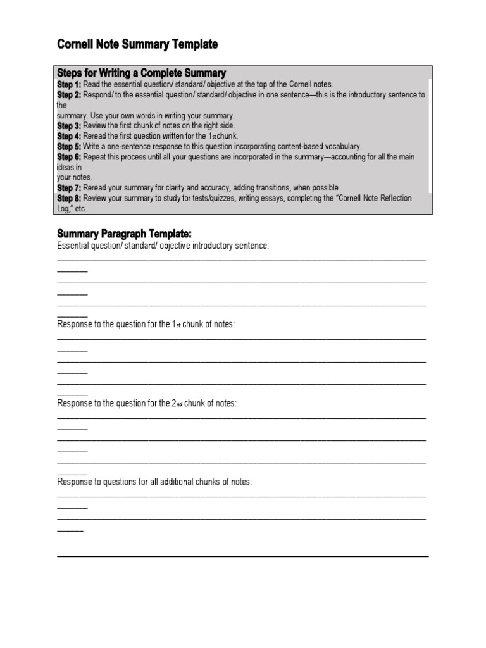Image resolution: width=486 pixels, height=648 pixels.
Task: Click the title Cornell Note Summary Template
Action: [x=137, y=44]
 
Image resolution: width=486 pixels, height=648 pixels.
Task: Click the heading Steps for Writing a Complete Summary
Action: [x=141, y=73]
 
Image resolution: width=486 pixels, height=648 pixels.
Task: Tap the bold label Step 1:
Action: [x=69, y=84]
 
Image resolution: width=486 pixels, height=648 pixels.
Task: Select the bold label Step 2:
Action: [x=69, y=95]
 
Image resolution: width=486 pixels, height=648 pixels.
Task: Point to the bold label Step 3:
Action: [x=69, y=126]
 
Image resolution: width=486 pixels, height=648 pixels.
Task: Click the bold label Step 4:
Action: [x=69, y=136]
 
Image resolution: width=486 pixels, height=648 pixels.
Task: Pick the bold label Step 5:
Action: [x=69, y=146]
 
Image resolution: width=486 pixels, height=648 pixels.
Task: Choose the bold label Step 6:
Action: [x=69, y=157]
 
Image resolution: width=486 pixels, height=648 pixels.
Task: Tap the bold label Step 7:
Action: [x=69, y=188]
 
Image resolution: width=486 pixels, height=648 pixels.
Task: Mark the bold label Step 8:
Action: [x=69, y=198]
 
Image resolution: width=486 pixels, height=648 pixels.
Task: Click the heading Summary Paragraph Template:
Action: [x=124, y=234]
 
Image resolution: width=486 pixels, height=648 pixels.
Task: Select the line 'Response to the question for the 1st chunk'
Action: [x=146, y=324]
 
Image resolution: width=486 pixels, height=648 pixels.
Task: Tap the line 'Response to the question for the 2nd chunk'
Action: [x=147, y=403]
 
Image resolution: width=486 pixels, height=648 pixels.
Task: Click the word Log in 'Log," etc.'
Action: [x=63, y=208]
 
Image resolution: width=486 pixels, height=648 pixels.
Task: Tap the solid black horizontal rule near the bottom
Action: [x=243, y=556]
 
